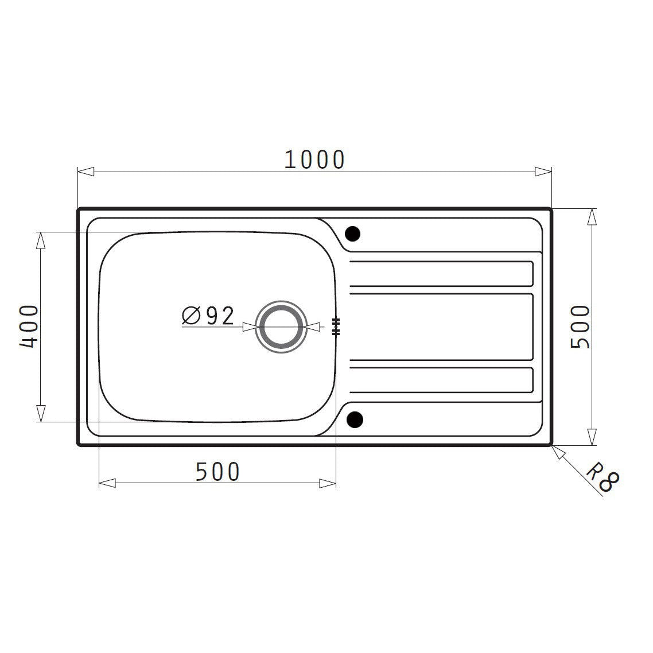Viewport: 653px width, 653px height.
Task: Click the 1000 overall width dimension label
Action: (x=314, y=160)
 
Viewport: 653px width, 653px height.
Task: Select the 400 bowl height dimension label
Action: (x=29, y=326)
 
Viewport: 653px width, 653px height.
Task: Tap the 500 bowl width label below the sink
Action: (x=217, y=472)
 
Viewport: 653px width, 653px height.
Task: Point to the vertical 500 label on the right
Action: (x=580, y=326)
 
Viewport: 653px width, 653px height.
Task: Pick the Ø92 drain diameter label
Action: (x=208, y=316)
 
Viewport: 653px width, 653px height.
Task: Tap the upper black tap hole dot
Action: (x=352, y=234)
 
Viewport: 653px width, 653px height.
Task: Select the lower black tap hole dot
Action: (x=355, y=420)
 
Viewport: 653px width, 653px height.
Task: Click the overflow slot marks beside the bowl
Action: (x=336, y=326)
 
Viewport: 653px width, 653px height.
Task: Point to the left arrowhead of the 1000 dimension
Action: (x=85, y=172)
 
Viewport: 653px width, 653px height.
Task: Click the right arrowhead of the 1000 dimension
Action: (x=543, y=172)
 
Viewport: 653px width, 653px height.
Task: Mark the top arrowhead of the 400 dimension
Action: (x=40, y=240)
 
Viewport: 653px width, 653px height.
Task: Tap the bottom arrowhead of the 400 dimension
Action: (x=40, y=413)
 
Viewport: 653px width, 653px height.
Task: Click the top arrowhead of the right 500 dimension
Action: (x=591, y=217)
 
